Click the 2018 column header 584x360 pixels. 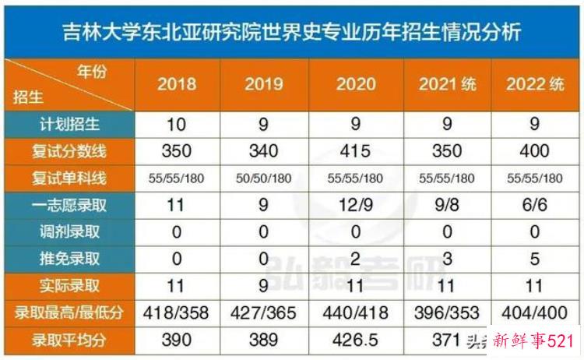point(177,84)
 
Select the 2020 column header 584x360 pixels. point(356,84)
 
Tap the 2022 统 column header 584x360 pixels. point(533,84)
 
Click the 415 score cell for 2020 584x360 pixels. point(356,150)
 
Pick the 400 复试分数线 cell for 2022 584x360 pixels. point(533,150)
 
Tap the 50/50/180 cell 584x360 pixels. point(265,178)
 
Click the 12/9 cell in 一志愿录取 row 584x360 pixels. point(356,206)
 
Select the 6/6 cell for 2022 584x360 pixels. point(533,206)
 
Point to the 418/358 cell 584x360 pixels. point(177,312)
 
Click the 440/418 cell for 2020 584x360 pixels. point(356,312)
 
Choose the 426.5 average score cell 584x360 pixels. point(356,340)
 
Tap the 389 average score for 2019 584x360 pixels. point(265,340)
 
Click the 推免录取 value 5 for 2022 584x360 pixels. point(533,257)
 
